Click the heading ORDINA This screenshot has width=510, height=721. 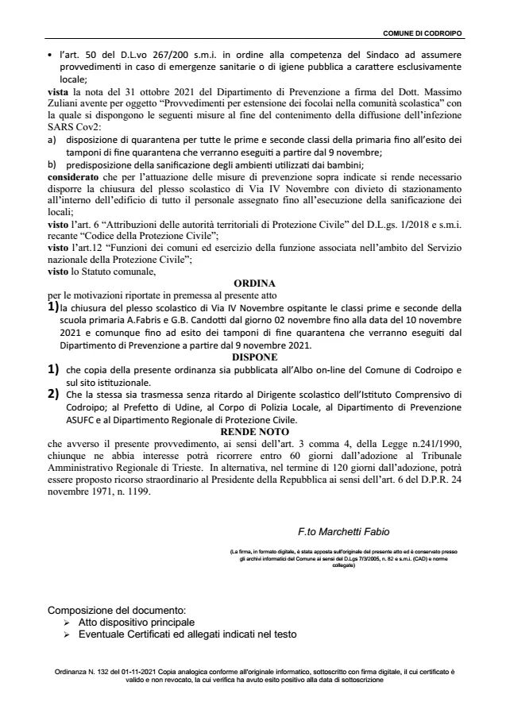(254, 283)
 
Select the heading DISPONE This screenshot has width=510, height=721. (254, 357)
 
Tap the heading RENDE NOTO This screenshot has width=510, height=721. (254, 430)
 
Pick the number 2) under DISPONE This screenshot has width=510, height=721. (53, 393)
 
